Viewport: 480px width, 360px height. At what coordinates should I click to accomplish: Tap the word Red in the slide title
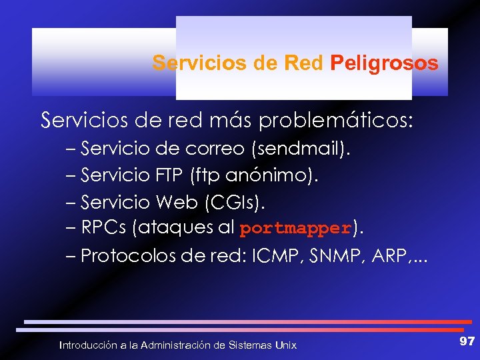pos(304,63)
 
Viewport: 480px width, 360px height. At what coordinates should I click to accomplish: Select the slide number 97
pos(467,341)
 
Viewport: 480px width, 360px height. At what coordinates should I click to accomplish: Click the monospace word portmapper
pos(295,229)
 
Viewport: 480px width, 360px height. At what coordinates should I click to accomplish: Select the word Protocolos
pos(127,256)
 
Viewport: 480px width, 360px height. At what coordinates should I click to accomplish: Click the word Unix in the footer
pos(286,345)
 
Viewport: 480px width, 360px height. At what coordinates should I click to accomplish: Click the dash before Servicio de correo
pos(71,150)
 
